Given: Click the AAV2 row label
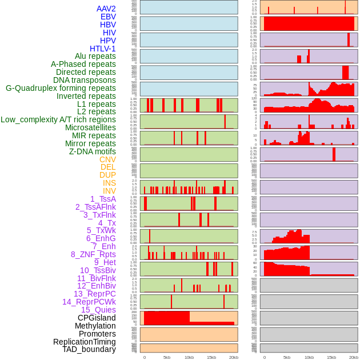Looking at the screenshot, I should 106,9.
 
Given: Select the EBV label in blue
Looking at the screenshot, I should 108,17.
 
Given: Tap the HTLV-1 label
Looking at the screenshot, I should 102,49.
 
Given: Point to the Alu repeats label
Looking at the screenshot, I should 95,56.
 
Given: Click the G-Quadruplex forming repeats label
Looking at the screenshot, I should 61,88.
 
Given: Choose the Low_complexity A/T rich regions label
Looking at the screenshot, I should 58,119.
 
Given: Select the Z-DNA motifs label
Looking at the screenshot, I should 93,151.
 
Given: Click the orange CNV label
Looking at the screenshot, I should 107,159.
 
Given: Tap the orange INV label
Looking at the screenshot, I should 109,191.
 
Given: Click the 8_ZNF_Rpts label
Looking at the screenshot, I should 93,254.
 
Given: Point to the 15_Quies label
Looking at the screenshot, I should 98,310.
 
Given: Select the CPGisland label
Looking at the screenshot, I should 97,318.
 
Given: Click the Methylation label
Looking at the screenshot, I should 95,326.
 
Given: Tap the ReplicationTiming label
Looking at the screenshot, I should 85,342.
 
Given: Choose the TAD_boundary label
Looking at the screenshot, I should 89,349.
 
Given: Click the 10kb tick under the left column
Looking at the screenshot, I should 189,357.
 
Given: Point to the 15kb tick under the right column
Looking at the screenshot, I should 331,357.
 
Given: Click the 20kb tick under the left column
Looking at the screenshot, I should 233,357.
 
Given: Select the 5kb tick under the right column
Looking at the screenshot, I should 287,357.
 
